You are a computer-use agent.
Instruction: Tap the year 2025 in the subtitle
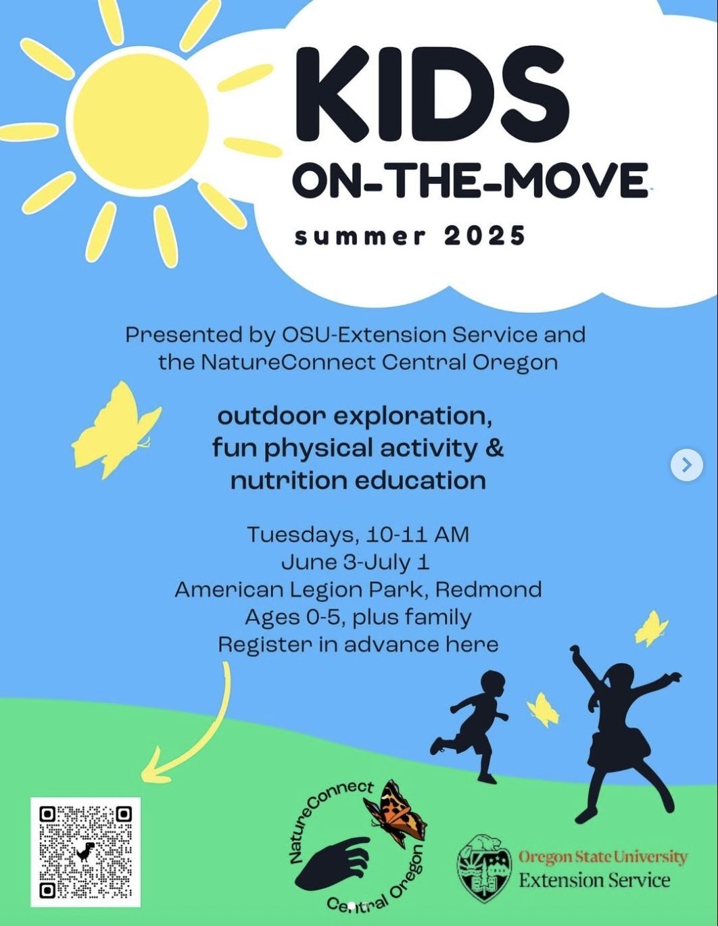pos(485,236)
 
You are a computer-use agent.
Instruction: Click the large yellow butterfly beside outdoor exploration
pos(115,430)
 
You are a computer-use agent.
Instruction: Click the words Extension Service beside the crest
pos(594,880)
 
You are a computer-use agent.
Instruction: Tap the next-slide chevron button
pos(687,465)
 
